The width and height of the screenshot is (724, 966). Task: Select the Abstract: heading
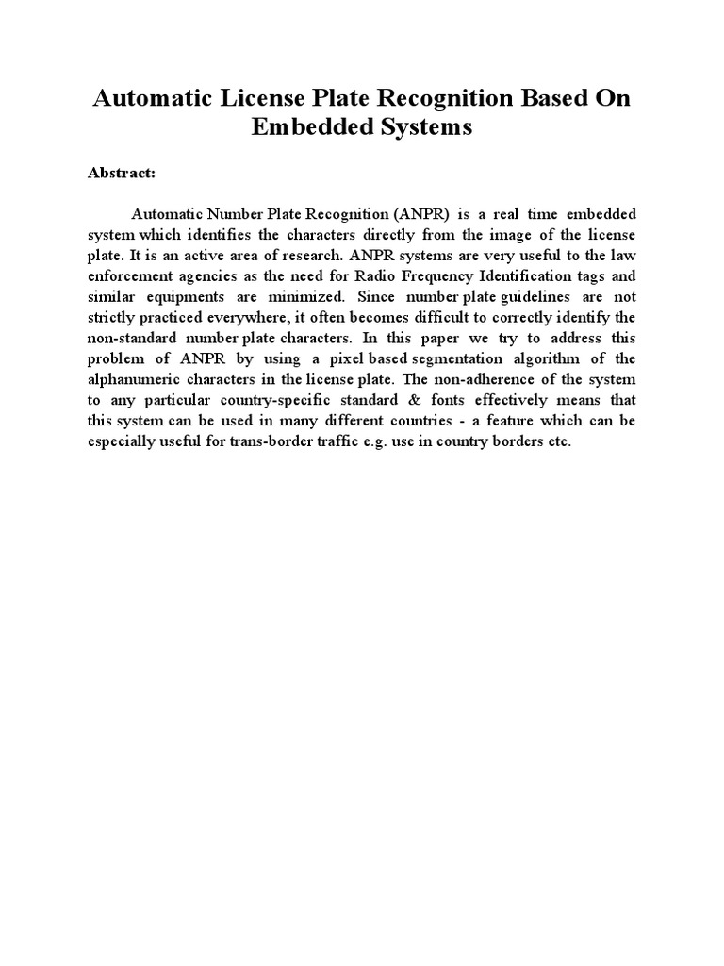coord(122,174)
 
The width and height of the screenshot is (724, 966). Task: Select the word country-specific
coord(273,400)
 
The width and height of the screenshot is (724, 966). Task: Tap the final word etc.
coord(558,441)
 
